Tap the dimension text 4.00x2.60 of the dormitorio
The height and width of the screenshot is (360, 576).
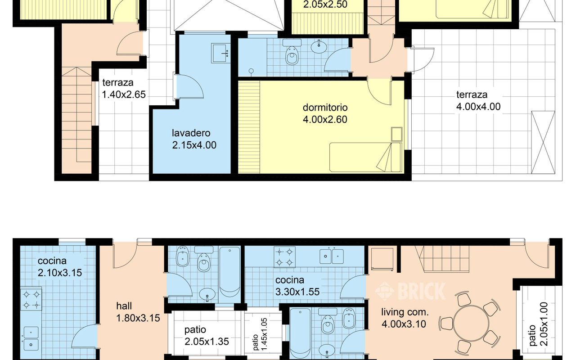(x=325, y=120)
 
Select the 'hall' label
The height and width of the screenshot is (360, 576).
(x=124, y=306)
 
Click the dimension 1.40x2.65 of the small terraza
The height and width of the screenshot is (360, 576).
(x=124, y=94)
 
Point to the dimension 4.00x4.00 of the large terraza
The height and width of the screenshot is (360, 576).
(x=478, y=107)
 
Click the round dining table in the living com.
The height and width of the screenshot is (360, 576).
(x=471, y=323)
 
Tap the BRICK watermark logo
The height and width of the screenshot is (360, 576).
(x=410, y=291)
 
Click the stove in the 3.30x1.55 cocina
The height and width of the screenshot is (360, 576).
(x=284, y=257)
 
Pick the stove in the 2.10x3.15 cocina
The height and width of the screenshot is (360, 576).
(x=31, y=300)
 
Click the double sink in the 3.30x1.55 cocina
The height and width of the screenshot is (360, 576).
(x=332, y=256)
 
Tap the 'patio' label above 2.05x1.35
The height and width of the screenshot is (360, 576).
(x=195, y=330)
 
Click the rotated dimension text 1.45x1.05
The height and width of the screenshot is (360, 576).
(x=264, y=334)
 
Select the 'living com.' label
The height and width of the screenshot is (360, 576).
(x=405, y=312)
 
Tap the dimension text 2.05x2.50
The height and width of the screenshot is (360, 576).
(x=325, y=4)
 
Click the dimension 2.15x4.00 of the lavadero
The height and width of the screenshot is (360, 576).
(x=194, y=145)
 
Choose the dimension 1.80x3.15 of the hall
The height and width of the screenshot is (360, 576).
(x=138, y=318)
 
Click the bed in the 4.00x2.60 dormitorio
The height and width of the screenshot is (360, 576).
(x=365, y=157)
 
